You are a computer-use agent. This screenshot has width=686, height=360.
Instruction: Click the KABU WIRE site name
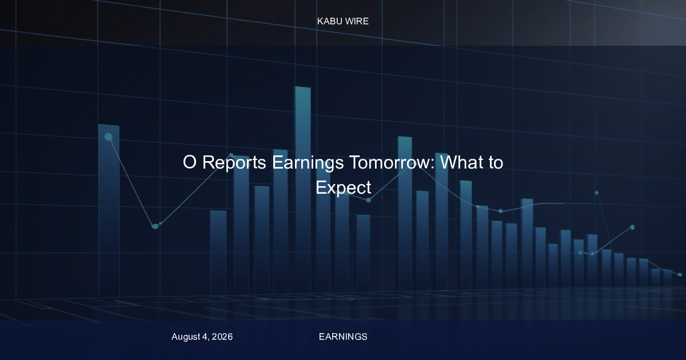click(x=343, y=21)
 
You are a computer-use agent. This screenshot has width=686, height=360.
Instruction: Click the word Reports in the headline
click(x=234, y=162)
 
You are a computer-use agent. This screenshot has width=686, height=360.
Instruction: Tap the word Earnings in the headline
click(x=308, y=162)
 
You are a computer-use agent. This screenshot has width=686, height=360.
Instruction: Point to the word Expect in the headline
click(x=344, y=187)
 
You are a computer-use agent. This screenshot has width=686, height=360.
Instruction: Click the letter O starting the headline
click(x=190, y=162)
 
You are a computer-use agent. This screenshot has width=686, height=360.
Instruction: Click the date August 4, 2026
click(x=202, y=337)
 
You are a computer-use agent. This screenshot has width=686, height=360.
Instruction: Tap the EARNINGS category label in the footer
click(x=343, y=337)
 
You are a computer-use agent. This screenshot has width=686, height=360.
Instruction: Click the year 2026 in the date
click(x=222, y=337)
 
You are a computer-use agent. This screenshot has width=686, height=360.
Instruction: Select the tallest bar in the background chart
click(x=303, y=190)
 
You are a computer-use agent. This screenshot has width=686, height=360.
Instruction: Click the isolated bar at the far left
click(x=109, y=211)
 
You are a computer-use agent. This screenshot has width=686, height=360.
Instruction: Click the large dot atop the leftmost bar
click(x=109, y=137)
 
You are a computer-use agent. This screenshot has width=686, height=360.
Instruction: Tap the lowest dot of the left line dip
click(x=155, y=226)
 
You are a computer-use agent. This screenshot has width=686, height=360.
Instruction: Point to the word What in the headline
click(x=461, y=162)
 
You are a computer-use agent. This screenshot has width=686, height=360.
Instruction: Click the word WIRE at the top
click(x=357, y=21)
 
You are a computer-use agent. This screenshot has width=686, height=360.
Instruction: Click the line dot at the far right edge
click(x=680, y=275)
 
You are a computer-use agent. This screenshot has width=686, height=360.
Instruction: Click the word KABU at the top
click(x=329, y=21)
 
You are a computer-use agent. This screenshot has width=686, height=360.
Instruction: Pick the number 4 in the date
click(x=205, y=337)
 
